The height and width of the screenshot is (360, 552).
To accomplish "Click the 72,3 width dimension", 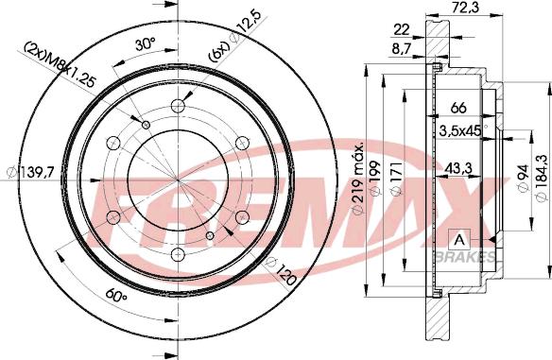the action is (x=465, y=7).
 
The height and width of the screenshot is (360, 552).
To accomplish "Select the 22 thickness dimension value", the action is (x=402, y=30).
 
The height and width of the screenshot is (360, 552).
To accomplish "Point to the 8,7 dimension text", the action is (x=402, y=50).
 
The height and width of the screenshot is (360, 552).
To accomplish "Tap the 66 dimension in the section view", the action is (x=458, y=108).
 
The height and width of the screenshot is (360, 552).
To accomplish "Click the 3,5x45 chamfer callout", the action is (x=460, y=131).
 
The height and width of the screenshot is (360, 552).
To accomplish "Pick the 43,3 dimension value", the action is (x=458, y=168).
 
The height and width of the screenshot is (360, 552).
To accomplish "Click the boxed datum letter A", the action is (x=459, y=240).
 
